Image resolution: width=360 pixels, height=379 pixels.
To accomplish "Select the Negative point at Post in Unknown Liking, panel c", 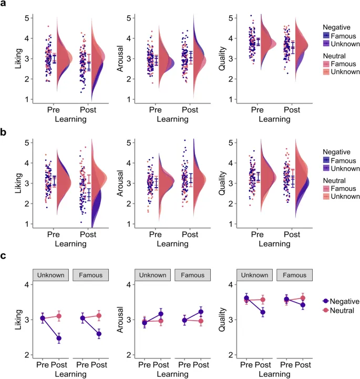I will pos(59,338).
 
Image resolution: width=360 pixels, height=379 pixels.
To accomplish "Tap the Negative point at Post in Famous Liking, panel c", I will pos(98,334).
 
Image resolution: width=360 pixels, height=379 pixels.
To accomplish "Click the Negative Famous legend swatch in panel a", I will pos(327,35).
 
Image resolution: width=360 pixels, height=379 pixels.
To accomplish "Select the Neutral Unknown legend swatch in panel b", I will pos(327,197).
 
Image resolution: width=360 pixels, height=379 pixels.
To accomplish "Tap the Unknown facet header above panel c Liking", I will pos(51,275).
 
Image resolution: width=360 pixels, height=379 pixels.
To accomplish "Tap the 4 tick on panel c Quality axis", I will pos(230,284).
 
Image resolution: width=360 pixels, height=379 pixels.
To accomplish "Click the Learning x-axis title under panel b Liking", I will pos(70,243).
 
